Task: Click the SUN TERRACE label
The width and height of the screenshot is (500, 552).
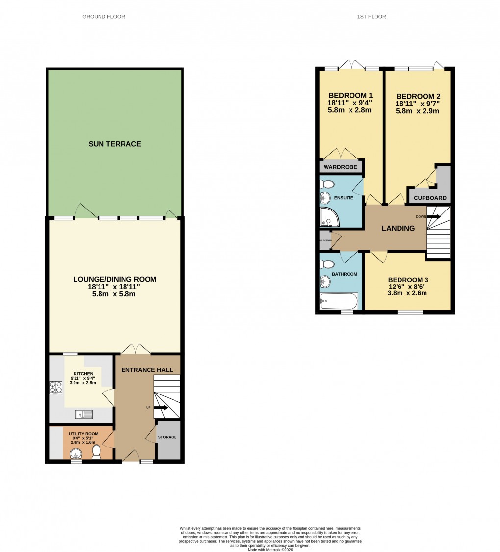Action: coord(115,144)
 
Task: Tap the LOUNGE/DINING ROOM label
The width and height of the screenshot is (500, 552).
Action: coord(115,279)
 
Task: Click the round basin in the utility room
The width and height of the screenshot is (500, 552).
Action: coord(76,453)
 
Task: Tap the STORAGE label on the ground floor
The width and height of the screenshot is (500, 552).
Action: coord(167,437)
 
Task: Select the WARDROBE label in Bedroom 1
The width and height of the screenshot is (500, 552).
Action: coord(340,167)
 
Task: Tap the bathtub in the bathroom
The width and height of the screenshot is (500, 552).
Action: coord(339,301)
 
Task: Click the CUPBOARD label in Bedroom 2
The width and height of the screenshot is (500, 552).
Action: coord(430,198)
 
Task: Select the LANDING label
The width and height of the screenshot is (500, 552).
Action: coord(398,228)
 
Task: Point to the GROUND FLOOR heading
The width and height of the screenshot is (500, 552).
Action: coord(103,17)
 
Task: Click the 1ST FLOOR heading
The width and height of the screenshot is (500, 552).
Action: coord(372,17)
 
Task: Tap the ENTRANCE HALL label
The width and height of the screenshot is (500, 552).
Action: coord(147,370)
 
